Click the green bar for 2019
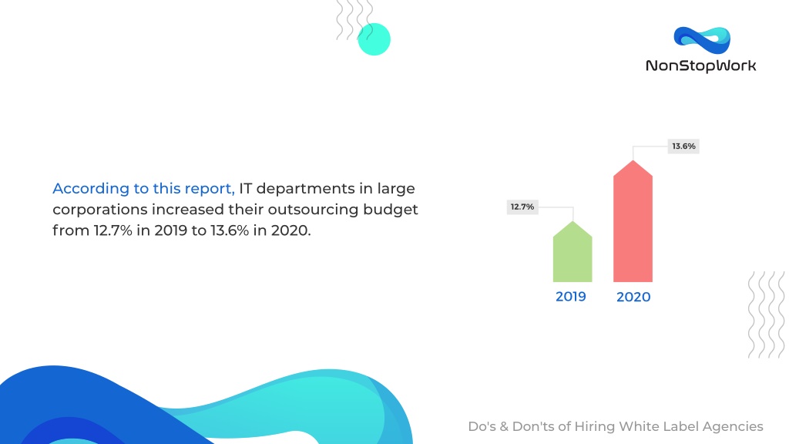pos(572,252)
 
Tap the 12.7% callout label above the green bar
pos(522,207)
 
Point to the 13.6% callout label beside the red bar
pos(683,146)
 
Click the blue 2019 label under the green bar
pos(571,297)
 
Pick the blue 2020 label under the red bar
pos(633,297)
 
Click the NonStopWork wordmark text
pos(701,66)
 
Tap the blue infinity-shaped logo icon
pos(702,40)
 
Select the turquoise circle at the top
pos(374,39)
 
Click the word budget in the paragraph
pos(391,210)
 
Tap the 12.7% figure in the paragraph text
pos(112,230)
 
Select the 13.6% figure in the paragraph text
pos(230,230)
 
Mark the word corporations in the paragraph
pos(100,210)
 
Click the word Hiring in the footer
pos(595,427)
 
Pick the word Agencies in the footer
pos(733,427)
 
